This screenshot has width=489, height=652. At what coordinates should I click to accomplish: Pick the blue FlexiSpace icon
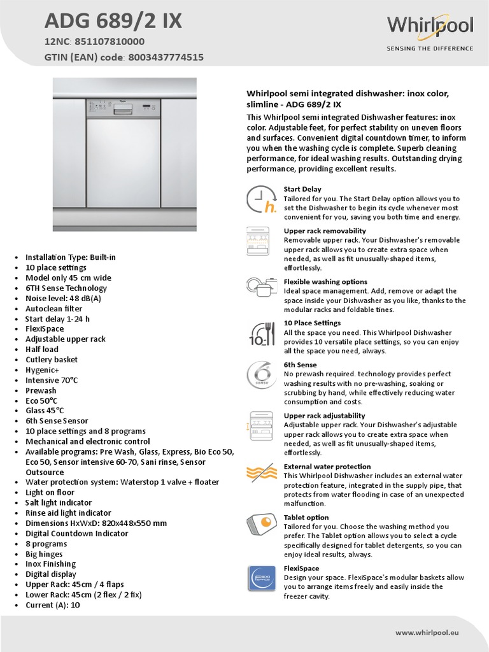pos(261,579)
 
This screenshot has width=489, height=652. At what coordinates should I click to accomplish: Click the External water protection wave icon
pos(261,473)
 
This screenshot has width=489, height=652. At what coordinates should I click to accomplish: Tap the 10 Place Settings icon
pos(261,333)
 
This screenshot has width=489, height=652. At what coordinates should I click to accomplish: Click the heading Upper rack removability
pos(325,230)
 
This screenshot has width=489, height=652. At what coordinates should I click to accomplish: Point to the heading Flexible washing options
pos(325,281)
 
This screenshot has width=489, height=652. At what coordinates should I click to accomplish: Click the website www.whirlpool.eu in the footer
pos(436,632)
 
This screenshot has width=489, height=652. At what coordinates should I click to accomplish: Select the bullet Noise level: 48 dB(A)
pos(63,298)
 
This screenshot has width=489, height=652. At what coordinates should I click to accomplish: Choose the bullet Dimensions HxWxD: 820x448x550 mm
pos(96,523)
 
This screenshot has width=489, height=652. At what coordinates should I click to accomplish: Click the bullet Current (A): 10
pos(53,604)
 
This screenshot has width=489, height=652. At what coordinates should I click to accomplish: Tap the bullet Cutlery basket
pos(52,359)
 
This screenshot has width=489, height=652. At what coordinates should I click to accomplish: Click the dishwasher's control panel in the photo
pos(124,108)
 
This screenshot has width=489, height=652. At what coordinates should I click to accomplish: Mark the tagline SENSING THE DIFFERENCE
pos(430,48)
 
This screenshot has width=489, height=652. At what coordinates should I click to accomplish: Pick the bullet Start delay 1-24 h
pos(57,318)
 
